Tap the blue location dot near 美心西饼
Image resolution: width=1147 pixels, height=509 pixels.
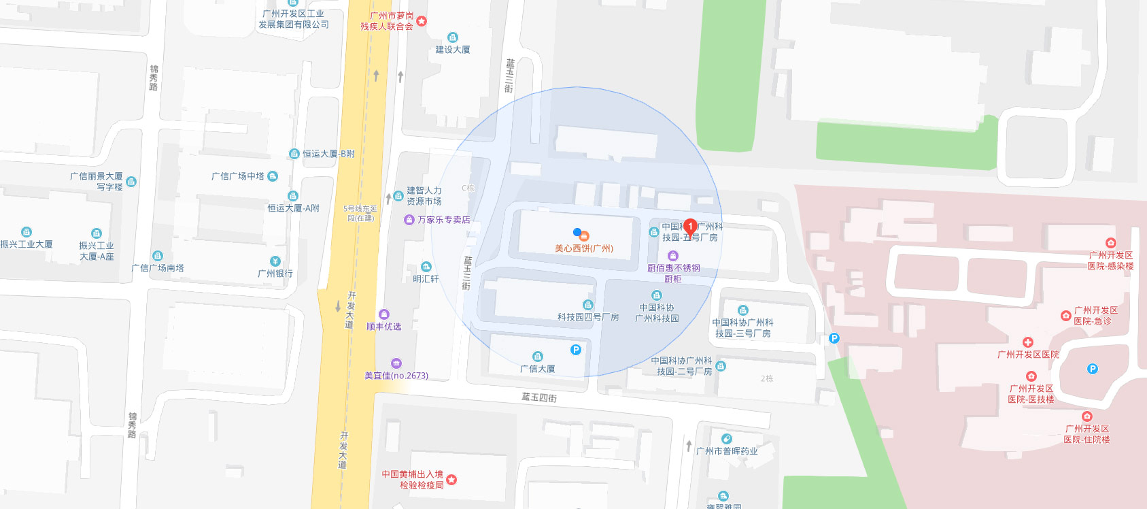pos(577,232)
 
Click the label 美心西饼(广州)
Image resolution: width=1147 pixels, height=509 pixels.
pos(584,248)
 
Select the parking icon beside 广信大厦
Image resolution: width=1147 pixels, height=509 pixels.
pos(576,350)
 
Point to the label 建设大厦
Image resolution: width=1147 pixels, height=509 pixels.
pos(453,50)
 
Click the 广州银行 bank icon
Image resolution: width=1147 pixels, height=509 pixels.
pos(275,261)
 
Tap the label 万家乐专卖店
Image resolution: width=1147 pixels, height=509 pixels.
pos(443,220)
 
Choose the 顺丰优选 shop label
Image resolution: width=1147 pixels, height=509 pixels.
pos(384,327)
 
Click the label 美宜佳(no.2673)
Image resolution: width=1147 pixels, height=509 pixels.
pos(396,376)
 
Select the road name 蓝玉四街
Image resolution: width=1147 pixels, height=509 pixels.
pos(539,397)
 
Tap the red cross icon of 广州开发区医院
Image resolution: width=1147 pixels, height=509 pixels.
pos(1027,342)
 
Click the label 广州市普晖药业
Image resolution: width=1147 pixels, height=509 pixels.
pos(727,451)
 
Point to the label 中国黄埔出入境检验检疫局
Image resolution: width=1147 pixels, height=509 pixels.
pos(413,480)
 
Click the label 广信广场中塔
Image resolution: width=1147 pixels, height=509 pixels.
pos(238,176)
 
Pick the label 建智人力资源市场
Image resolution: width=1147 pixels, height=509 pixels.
pos(424,196)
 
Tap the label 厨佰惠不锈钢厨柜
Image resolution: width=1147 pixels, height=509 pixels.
pos(673,273)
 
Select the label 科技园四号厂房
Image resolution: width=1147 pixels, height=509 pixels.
pos(588,317)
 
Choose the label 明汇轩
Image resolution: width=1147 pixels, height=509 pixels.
pos(426,278)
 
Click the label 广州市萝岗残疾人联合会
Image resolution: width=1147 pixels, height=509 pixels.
pos(387,21)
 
